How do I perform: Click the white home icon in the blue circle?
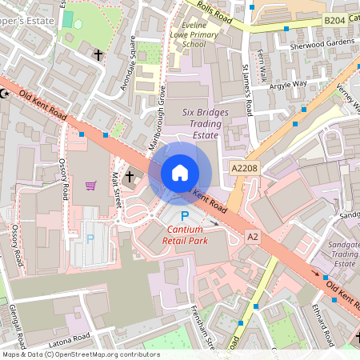180,172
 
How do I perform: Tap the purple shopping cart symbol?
90,186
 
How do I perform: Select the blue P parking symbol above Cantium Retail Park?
185,216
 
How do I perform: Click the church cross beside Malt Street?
130,175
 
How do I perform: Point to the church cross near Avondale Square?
98,55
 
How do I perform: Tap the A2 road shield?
253,237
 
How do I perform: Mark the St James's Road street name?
249,94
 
